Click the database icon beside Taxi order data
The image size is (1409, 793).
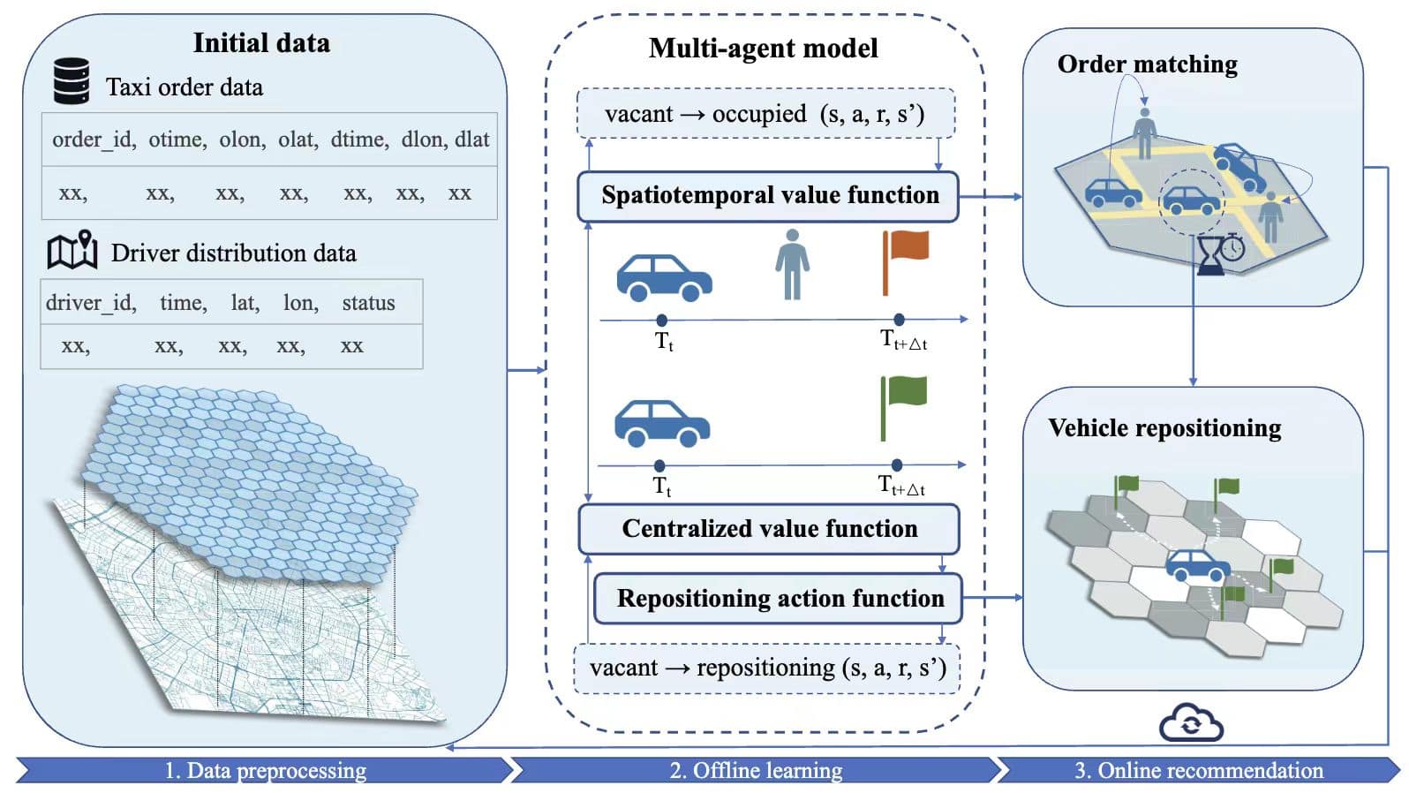pyautogui.click(x=72, y=81)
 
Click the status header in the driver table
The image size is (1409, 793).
pyautogui.click(x=368, y=303)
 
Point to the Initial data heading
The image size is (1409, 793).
pyautogui.click(x=261, y=42)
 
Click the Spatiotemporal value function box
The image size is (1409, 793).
pyautogui.click(x=769, y=195)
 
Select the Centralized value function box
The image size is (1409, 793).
pyautogui.click(x=769, y=528)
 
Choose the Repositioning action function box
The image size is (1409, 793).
pyautogui.click(x=779, y=598)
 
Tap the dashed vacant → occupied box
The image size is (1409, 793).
pyautogui.click(x=765, y=113)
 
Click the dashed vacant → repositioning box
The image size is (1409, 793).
pyautogui.click(x=766, y=668)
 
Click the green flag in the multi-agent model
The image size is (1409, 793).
pyautogui.click(x=903, y=406)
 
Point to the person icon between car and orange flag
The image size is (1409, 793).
pyautogui.click(x=792, y=264)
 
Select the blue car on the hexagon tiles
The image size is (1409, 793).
pyautogui.click(x=1198, y=565)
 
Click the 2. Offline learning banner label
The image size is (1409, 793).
pyautogui.click(x=756, y=770)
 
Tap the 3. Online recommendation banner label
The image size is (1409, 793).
pyautogui.click(x=1198, y=770)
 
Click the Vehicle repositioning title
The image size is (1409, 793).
pyautogui.click(x=1164, y=428)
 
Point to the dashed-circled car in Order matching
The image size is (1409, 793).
pyautogui.click(x=1191, y=200)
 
